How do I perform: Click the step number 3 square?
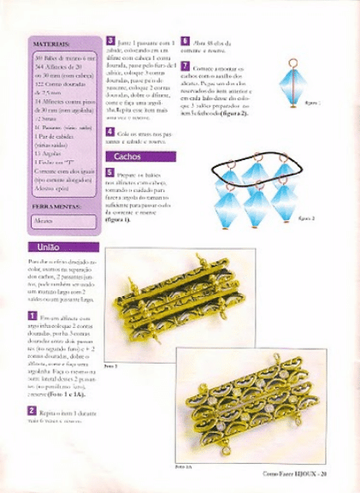click(x=109, y=41)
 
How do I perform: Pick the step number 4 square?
click(x=109, y=131)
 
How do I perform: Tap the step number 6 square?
click(x=184, y=41)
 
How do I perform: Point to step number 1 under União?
click(x=32, y=317)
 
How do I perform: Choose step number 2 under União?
click(x=32, y=411)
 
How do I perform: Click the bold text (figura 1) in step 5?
click(x=120, y=219)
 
